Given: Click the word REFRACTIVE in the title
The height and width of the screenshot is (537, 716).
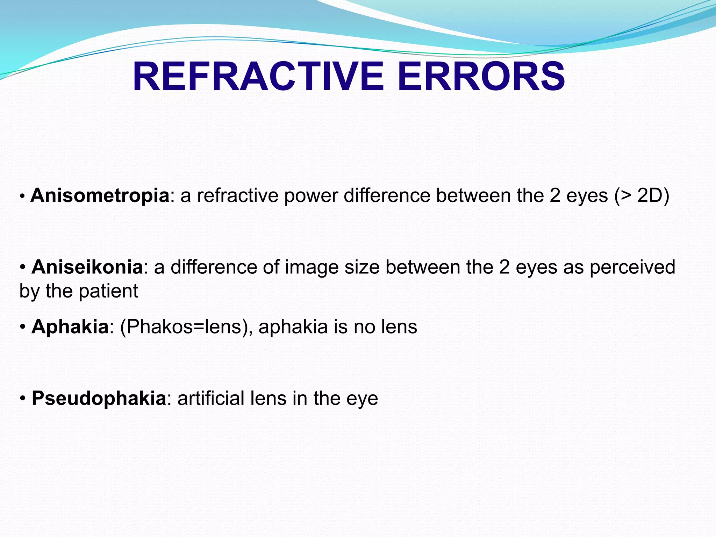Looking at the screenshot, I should tap(258, 77).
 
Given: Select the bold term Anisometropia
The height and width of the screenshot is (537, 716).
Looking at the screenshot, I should tap(100, 195).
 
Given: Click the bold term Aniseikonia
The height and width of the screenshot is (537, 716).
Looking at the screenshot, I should tap(87, 267).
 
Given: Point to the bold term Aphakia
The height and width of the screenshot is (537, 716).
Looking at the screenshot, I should tap(70, 327).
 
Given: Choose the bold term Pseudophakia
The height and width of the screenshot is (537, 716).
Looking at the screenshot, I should tap(99, 398).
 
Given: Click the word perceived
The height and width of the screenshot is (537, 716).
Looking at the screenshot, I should tap(632, 267).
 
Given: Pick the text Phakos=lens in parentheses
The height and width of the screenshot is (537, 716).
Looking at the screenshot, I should tap(184, 327).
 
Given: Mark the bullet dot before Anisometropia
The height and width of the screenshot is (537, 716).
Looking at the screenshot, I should tap(22, 196).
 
